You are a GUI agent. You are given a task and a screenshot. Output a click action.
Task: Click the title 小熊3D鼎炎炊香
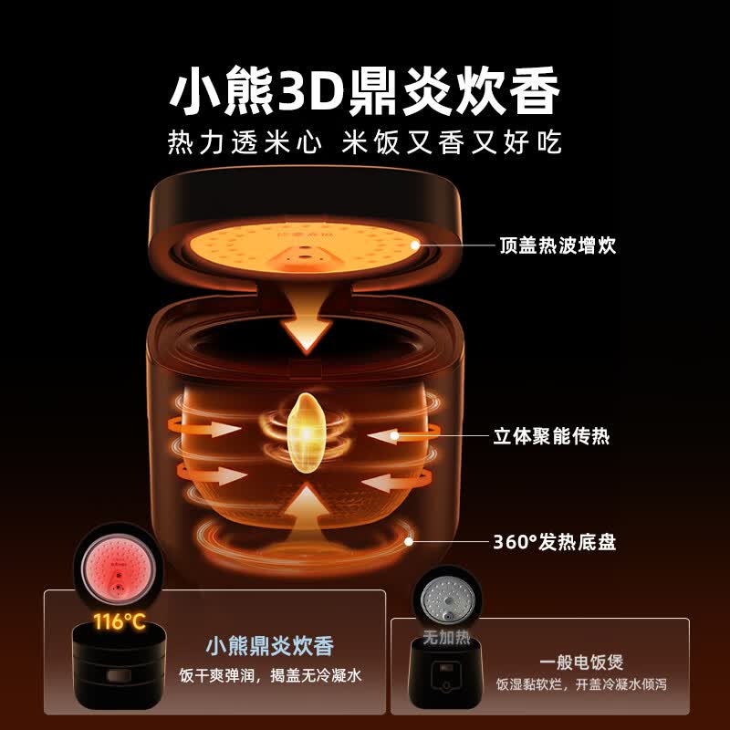click(364, 90)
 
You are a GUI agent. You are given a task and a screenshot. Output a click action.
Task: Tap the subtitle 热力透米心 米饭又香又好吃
click(364, 142)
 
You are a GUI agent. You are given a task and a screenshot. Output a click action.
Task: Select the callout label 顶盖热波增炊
click(558, 245)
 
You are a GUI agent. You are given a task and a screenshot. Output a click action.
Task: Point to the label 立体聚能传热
click(551, 436)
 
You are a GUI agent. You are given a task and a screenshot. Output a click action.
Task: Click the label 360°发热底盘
click(555, 542)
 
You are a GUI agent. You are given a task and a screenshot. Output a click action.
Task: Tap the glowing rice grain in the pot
click(306, 433)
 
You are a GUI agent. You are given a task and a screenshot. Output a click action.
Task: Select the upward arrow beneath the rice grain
click(306, 506)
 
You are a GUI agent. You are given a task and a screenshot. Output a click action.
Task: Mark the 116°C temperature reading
click(120, 621)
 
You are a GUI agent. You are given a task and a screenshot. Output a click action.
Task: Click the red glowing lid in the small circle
click(119, 568)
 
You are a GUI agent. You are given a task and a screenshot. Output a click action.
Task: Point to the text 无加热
click(446, 637)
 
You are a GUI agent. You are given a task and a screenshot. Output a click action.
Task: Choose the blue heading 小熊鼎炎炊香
click(270, 646)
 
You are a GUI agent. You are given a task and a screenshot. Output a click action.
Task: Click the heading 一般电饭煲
click(581, 662)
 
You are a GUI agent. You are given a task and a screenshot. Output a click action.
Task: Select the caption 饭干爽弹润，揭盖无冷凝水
click(270, 675)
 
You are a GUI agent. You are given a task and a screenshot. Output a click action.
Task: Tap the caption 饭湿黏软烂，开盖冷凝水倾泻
click(581, 684)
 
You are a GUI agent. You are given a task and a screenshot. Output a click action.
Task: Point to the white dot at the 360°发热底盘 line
click(409, 541)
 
